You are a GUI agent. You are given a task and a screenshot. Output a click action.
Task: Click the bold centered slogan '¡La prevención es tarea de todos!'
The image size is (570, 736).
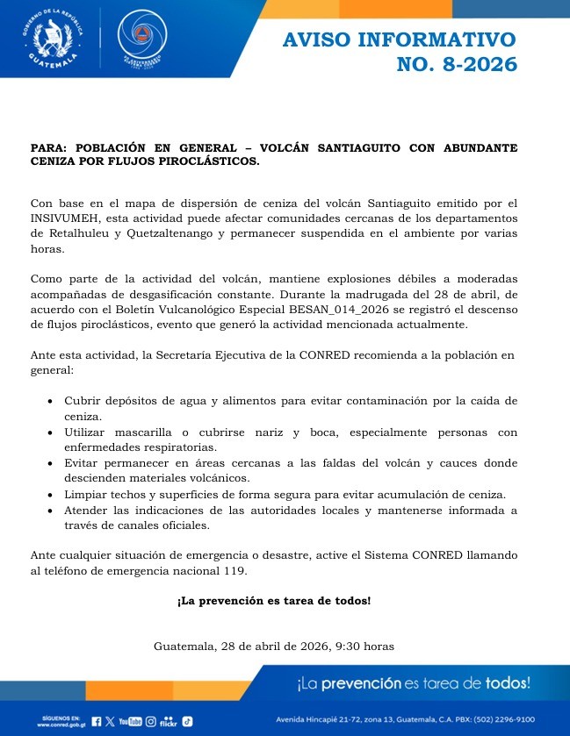click(x=273, y=601)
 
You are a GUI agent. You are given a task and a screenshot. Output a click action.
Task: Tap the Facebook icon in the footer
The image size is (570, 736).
click(x=97, y=721)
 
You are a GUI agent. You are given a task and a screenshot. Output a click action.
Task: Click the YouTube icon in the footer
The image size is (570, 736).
click(x=130, y=721)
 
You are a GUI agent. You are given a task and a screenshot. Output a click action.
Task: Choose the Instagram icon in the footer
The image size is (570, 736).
click(x=150, y=721)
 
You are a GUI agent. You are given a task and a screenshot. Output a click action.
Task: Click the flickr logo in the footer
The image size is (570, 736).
click(x=169, y=722)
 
